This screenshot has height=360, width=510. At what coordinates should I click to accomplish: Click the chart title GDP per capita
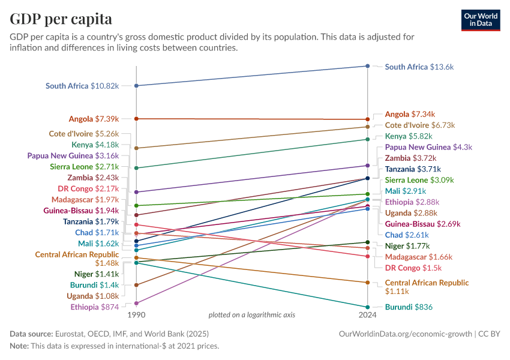tap(61, 19)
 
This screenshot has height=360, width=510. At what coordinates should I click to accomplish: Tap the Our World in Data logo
tap(481, 19)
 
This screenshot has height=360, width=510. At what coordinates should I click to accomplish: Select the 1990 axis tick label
tap(137, 314)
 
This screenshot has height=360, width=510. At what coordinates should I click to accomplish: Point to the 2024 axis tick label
tap(368, 314)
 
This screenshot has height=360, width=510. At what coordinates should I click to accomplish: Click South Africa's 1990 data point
tap(137, 86)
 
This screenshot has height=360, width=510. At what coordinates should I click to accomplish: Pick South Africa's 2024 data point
tap(368, 67)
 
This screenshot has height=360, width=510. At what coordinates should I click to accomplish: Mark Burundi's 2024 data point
tap(368, 307)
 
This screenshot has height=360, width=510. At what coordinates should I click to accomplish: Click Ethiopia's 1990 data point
tap(137, 303)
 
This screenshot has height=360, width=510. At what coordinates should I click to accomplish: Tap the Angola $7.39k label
tap(94, 119)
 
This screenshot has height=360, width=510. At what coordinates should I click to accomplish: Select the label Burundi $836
tap(409, 307)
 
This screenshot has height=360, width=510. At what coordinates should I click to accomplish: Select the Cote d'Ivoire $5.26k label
tap(83, 133)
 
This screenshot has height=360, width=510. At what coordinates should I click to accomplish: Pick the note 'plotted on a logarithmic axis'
tap(251, 314)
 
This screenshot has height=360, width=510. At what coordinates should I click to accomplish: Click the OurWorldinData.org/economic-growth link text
tap(405, 333)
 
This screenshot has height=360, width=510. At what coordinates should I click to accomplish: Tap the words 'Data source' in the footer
tap(31, 333)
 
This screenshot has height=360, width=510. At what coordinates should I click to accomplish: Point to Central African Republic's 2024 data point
tap(368, 283)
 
